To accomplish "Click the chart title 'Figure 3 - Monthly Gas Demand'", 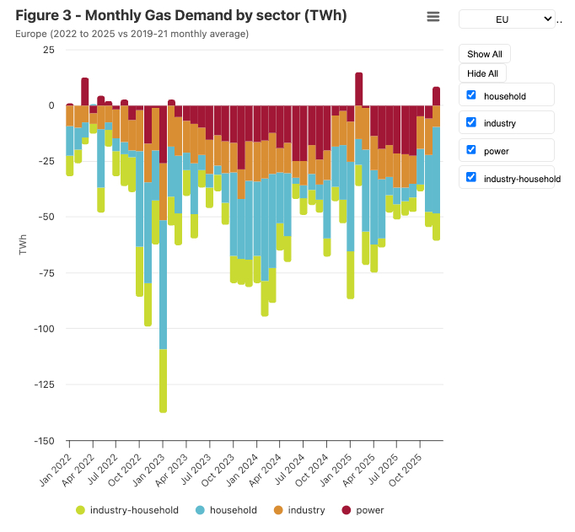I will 180,16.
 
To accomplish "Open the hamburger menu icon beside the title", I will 433,17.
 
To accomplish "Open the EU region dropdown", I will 507,19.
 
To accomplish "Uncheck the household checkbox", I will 471,95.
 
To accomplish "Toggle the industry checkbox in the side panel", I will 471,123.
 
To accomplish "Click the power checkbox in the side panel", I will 471,151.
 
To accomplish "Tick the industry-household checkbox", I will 471,178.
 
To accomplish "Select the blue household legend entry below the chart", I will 225,510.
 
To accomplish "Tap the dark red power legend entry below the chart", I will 362,510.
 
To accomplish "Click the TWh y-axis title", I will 23,245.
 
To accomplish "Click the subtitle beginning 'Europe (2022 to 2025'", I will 132,34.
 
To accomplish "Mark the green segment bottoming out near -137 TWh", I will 164,379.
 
